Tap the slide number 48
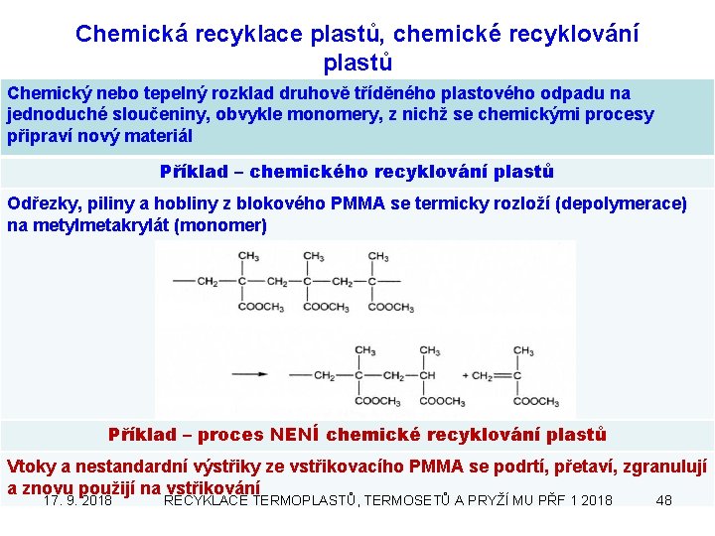pyautogui.click(x=664, y=500)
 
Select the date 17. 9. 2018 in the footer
pyautogui.click(x=78, y=500)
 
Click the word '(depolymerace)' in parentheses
pyautogui.click(x=622, y=204)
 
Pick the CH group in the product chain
pyautogui.click(x=428, y=376)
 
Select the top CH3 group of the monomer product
pyautogui.click(x=523, y=350)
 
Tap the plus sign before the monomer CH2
pyautogui.click(x=467, y=376)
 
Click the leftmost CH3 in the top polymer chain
pyautogui.click(x=247, y=257)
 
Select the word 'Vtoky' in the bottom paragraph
pyautogui.click(x=29, y=466)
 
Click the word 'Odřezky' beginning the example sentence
pyautogui.click(x=41, y=204)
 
